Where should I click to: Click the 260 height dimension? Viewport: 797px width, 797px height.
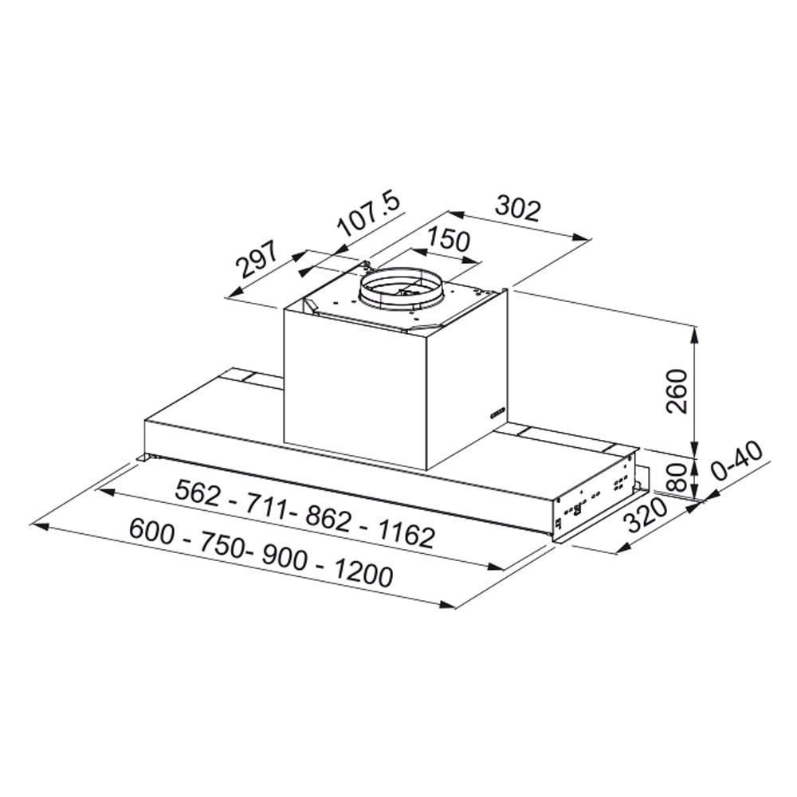coord(677,391)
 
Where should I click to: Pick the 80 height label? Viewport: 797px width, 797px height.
coord(677,477)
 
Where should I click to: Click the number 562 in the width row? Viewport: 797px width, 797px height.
coord(198,493)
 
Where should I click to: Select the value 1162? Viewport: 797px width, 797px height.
coord(405,533)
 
